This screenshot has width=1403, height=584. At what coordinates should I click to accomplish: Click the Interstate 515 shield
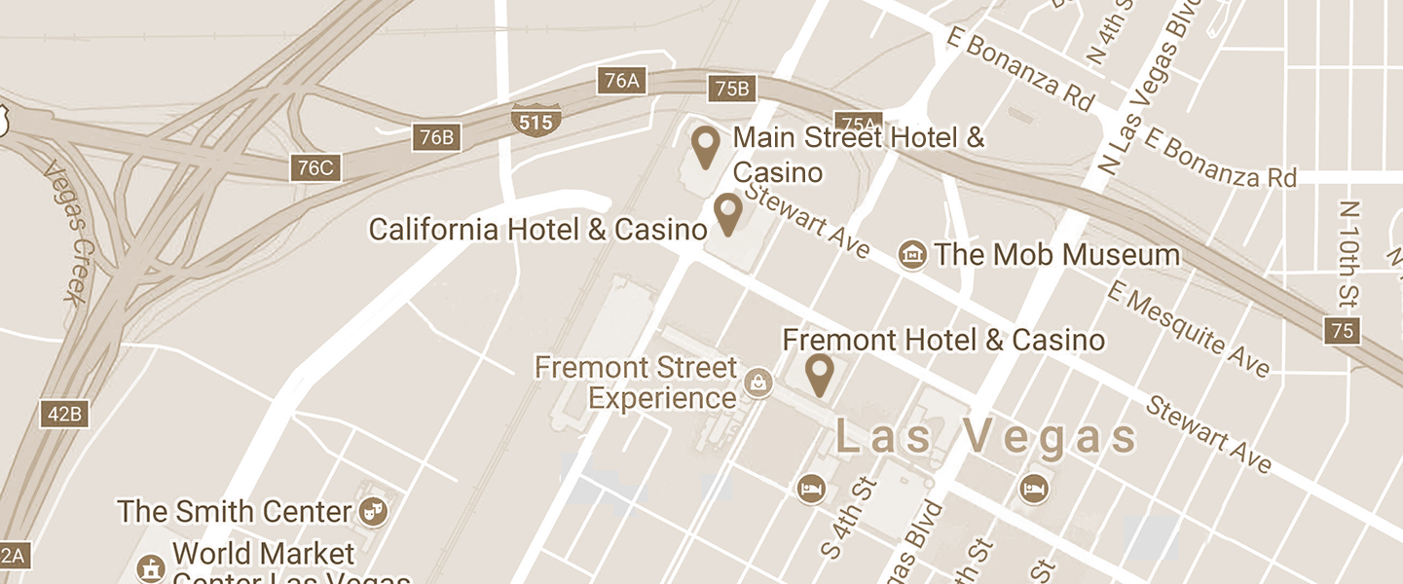pos(535,121)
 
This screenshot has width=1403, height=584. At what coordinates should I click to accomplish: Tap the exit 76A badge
pos(621,81)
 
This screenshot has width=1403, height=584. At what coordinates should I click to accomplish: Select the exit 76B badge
pos(435,137)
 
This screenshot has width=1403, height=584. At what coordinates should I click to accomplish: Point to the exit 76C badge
pos(314,167)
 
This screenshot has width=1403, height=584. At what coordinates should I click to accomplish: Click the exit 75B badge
pos(732,90)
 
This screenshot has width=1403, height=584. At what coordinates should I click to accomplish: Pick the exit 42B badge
pos(65,414)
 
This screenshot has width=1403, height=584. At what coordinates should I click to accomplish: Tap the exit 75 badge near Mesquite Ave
pos(1342,331)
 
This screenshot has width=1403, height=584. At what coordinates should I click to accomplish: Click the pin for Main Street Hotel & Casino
pos(705,146)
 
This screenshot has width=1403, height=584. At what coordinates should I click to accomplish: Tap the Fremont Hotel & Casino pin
pos(820,375)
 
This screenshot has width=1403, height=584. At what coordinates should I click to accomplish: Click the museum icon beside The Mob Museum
pos(912,255)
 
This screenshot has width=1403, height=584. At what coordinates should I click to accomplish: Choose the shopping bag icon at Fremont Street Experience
pos(757,383)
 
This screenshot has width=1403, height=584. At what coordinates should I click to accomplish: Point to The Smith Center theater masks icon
pos(372,510)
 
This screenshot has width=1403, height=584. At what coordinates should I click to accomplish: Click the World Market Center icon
pos(150,567)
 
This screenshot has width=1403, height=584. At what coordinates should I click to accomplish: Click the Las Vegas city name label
pos(986,438)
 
